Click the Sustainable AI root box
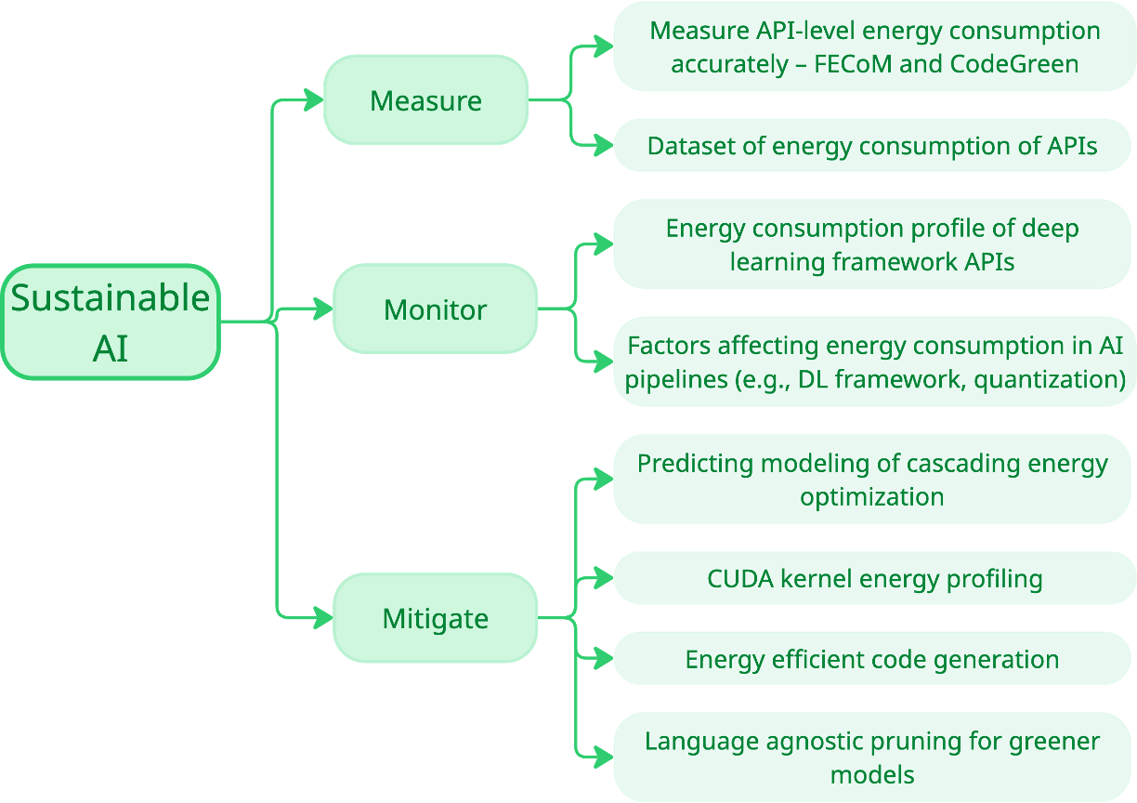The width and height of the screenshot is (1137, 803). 110,323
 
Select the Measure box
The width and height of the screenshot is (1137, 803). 425,99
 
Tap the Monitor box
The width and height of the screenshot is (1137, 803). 435,309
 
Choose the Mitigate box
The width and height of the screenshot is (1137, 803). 435,618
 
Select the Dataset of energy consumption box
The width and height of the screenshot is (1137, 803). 872,146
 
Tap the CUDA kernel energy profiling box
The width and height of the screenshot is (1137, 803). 874,579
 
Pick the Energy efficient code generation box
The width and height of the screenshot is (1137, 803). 872,660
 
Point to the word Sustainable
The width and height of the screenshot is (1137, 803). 110,298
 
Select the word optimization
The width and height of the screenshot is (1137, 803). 871,496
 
